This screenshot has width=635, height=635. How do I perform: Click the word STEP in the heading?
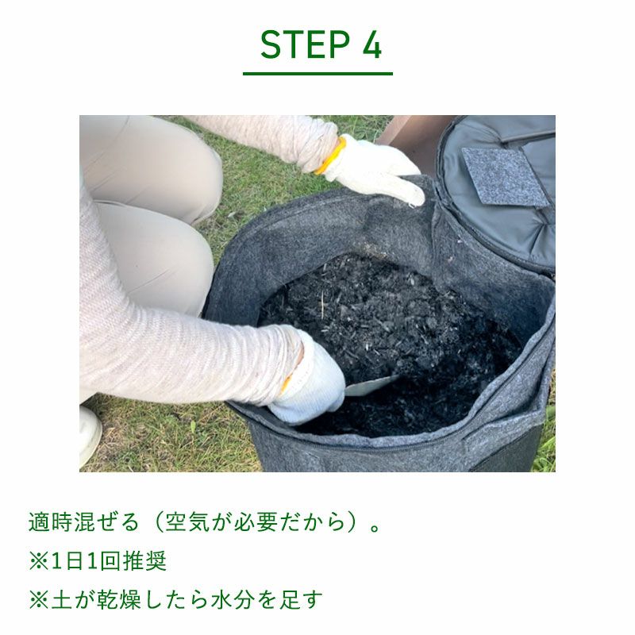point(305,44)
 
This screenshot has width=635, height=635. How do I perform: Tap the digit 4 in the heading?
point(371,44)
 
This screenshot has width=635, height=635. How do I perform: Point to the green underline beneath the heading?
point(317,74)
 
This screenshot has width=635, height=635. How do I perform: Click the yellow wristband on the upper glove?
point(331,156)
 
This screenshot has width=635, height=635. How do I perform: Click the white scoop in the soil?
point(371,385)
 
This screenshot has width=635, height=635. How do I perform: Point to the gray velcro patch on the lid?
point(504,176)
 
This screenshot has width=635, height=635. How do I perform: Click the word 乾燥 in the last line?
point(119,600)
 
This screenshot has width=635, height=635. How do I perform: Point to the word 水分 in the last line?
point(233,600)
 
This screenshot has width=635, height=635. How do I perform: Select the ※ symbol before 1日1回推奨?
point(39,561)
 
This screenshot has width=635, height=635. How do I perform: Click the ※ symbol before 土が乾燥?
point(39,600)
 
